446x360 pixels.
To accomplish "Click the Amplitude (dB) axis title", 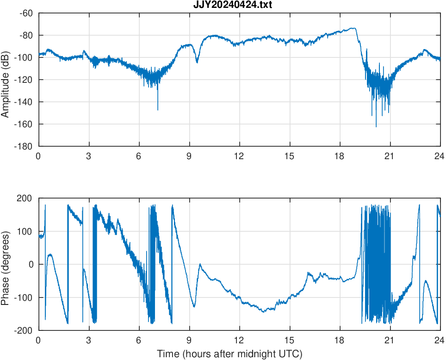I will pos(6,79).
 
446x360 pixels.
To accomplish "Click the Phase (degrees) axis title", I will pos(6,264).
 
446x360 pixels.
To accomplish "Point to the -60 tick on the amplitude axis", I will pos(26,13).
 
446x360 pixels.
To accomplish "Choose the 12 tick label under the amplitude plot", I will pos(239,156).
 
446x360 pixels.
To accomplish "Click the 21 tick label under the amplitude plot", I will pos(390,156).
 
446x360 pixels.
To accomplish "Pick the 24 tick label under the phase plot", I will pos(440,340).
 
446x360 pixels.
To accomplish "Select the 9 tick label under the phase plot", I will pos(189,340).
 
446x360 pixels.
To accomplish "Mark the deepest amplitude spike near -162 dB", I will pos(376,126).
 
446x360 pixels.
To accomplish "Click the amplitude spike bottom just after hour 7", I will pos(158,110).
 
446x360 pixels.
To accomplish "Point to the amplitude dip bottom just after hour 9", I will pos(197,62).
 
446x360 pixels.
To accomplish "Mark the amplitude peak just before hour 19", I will pos(354,28).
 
